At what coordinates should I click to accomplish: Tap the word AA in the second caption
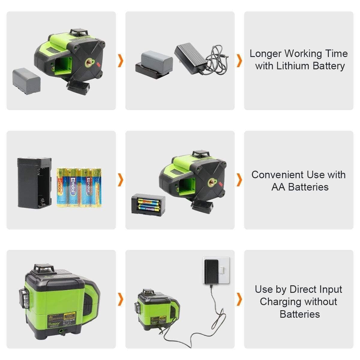pos(278,187)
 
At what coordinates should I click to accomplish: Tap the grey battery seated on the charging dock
pos(157,59)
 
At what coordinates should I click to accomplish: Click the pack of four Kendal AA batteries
pos(79,187)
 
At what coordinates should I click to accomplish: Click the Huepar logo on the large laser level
pos(53,324)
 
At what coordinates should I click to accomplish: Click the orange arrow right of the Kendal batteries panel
pos(121,180)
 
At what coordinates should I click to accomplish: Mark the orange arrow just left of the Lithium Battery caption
pos(239,61)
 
